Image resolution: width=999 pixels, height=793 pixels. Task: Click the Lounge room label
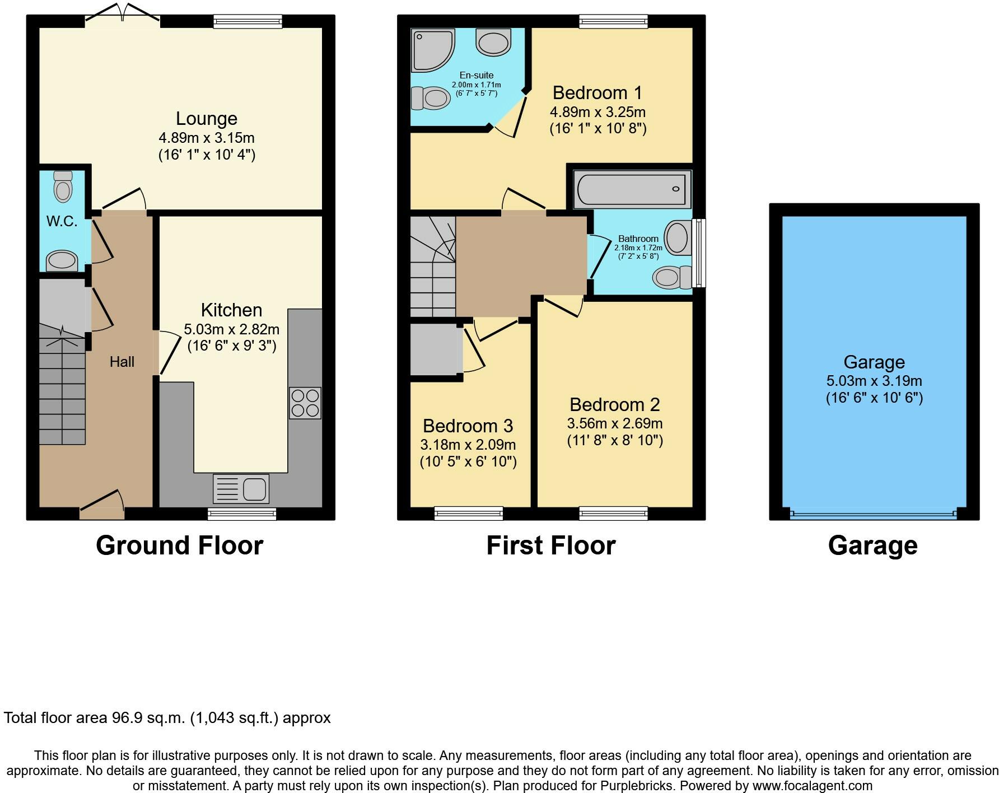click(x=207, y=119)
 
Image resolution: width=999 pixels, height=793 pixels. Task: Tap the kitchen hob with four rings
click(x=305, y=403)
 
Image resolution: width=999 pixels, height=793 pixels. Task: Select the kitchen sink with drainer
click(x=241, y=488)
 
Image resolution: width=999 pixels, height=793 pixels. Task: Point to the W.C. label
click(x=62, y=221)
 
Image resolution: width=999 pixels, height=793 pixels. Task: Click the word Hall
click(x=122, y=362)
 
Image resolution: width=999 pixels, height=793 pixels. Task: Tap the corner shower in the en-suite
click(x=433, y=51)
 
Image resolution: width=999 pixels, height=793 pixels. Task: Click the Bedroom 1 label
click(x=597, y=92)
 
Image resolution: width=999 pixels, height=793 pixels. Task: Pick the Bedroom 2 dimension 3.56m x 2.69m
click(x=615, y=423)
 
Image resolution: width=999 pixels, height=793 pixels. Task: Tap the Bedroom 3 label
click(x=468, y=426)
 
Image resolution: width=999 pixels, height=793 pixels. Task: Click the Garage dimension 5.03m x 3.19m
click(x=874, y=381)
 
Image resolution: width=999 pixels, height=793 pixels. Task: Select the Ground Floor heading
click(x=179, y=545)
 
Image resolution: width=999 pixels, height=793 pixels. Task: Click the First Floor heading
click(x=551, y=545)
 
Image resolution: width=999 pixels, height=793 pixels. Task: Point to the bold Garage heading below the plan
click(x=873, y=545)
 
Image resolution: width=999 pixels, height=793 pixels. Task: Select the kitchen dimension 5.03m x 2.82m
click(x=232, y=329)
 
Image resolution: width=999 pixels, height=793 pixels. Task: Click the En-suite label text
click(x=477, y=75)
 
